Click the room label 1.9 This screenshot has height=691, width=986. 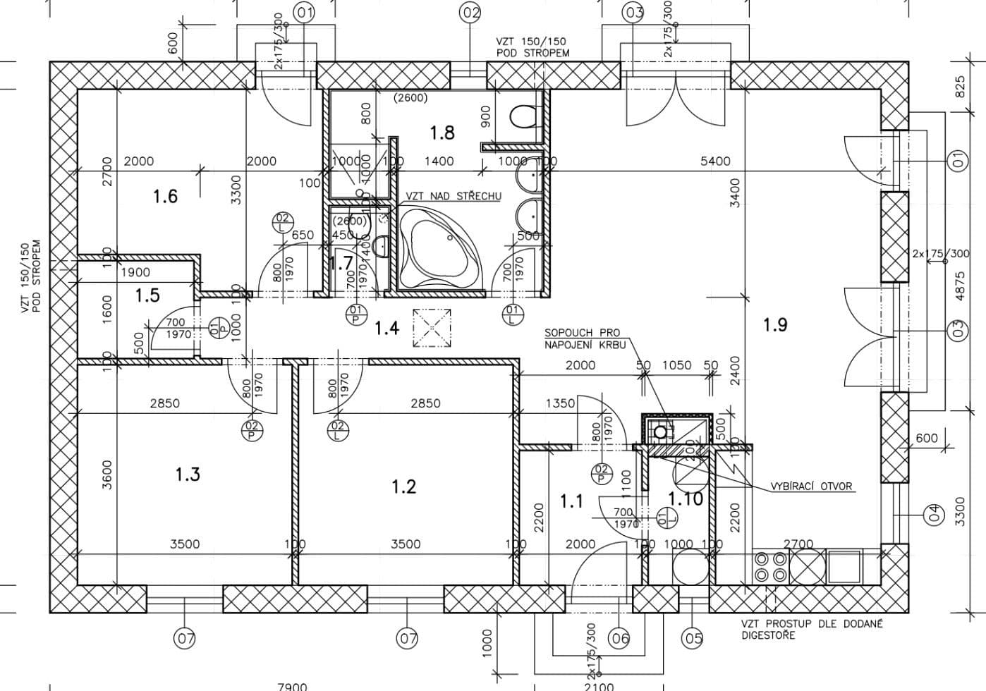774,325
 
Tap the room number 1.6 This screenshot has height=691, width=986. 165,197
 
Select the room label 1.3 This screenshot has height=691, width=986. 188,475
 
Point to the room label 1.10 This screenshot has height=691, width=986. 685,499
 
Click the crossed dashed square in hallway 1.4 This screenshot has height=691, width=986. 432,328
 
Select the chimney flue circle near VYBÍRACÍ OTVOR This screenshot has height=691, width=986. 660,431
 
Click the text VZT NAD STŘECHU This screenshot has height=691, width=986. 454,196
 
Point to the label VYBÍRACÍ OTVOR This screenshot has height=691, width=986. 811,487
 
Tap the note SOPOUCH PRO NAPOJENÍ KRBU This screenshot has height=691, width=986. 582,338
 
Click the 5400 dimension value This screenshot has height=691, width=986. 715,161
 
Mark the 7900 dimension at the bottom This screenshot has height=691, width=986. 292,686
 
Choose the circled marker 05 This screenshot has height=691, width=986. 693,638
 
